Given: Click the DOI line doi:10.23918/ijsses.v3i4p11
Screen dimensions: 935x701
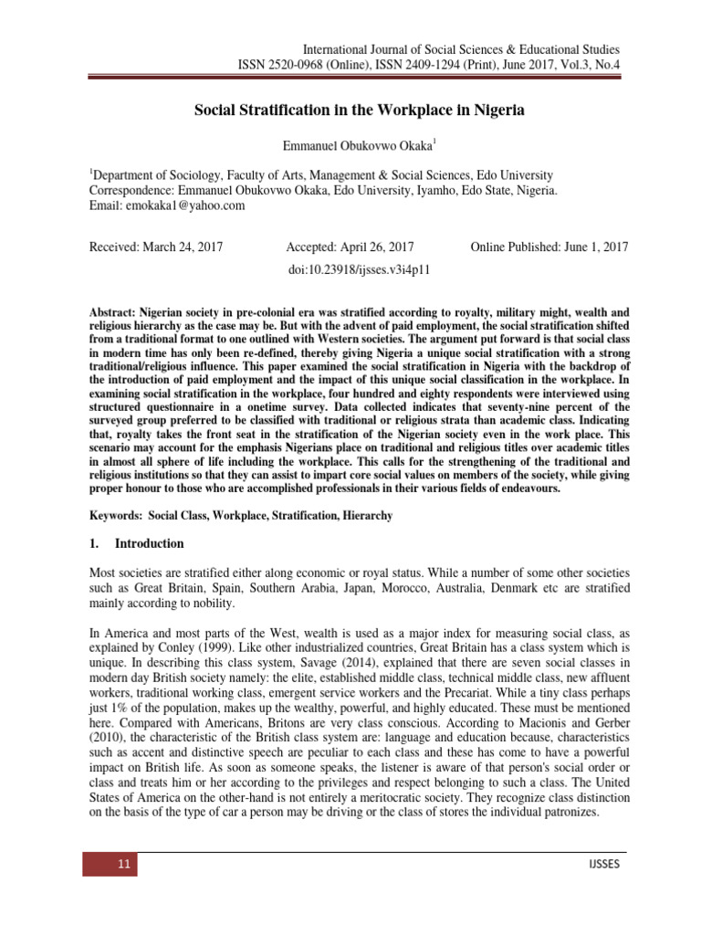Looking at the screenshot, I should pos(359,270).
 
